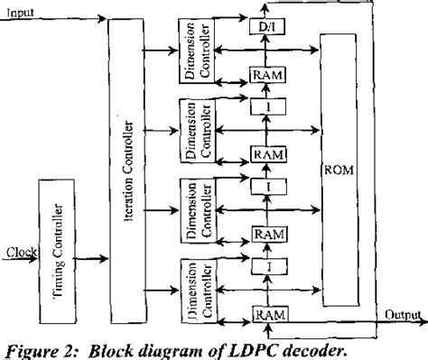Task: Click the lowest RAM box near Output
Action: (x=268, y=314)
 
